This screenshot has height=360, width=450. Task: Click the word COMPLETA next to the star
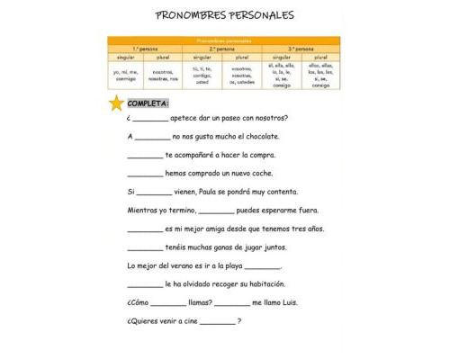point(148,103)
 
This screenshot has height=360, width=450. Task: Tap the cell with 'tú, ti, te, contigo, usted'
point(202,75)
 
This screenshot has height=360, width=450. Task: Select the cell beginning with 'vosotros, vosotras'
point(241,75)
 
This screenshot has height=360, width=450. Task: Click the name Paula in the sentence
point(220,192)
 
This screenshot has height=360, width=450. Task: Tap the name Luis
point(295,302)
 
